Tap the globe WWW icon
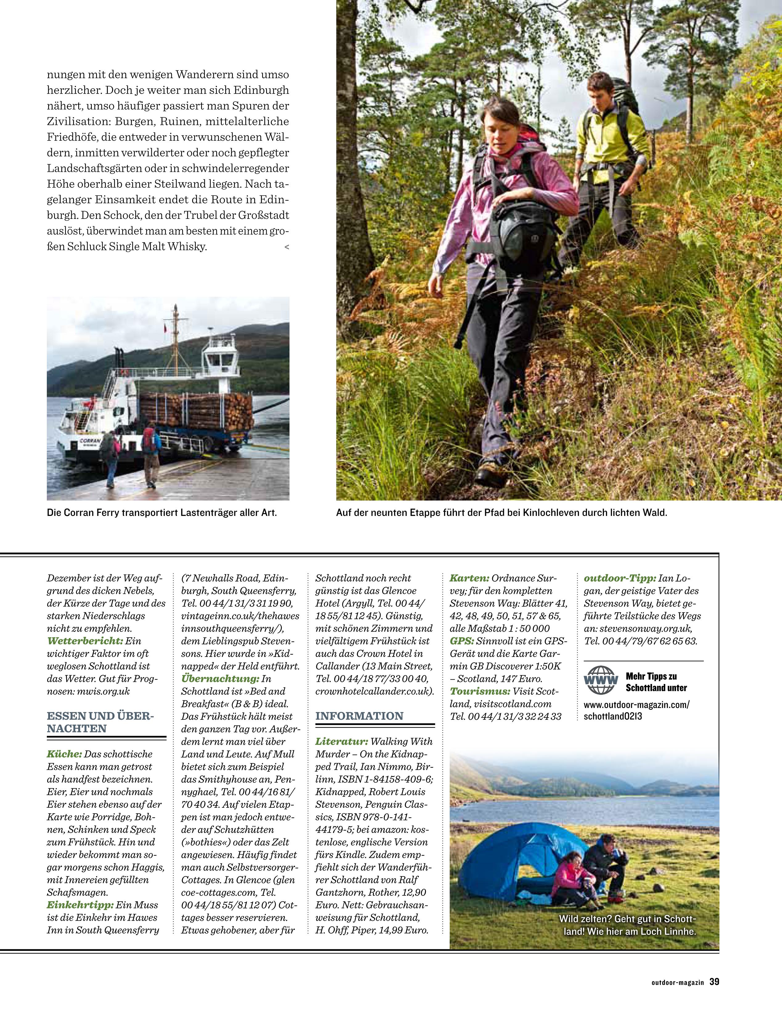tap(601, 681)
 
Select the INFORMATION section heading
tap(359, 716)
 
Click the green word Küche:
tap(64, 754)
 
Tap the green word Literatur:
tap(342, 741)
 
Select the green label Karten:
tap(469, 578)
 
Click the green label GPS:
tap(462, 641)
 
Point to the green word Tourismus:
tap(480, 691)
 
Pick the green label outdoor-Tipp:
tap(620, 578)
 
